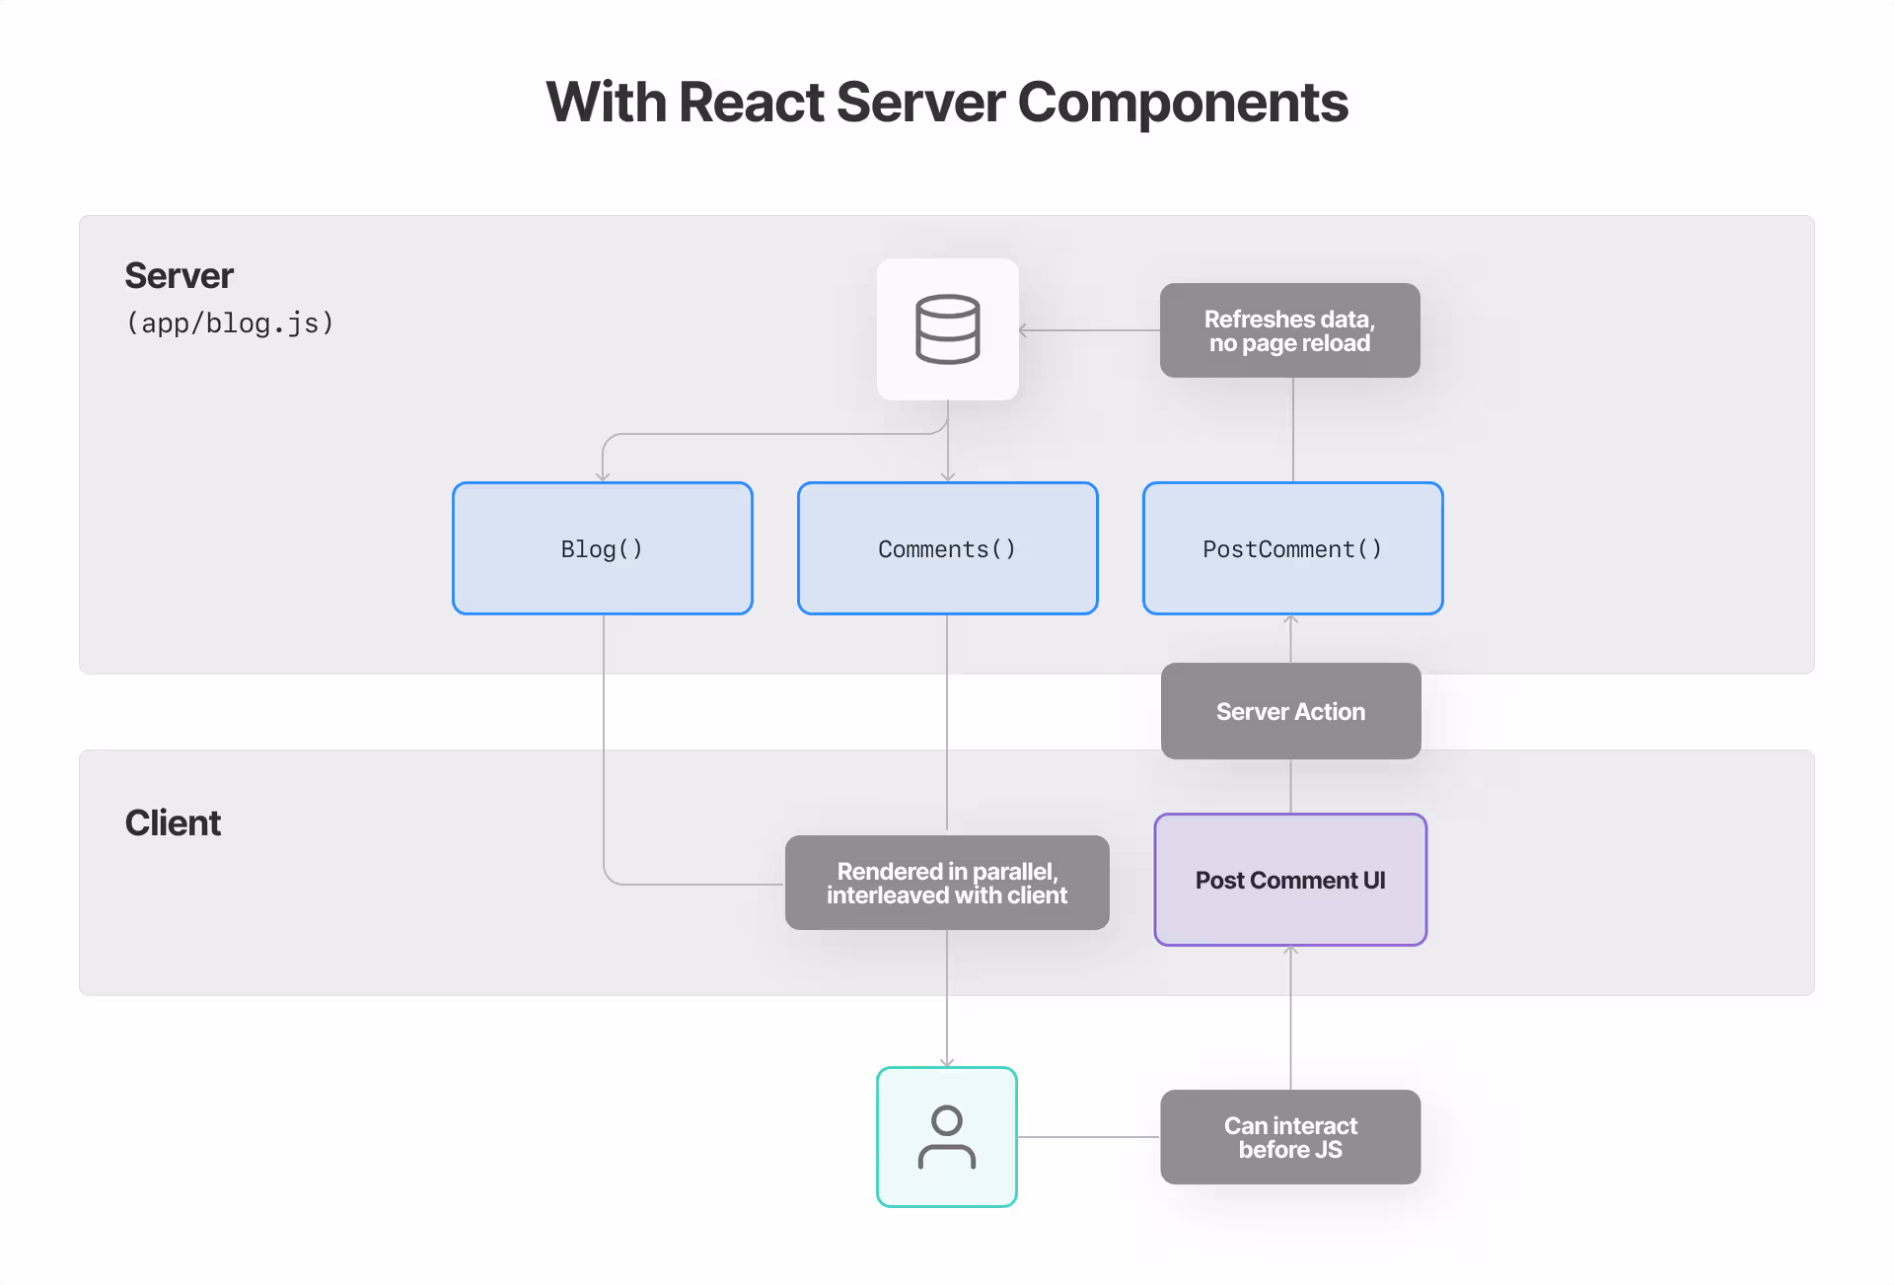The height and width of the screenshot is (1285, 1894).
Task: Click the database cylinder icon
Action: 947,329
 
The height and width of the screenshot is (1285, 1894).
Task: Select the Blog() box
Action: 602,548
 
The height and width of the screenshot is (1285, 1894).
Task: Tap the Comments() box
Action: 947,548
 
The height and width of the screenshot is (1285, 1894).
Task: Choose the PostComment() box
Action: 1292,548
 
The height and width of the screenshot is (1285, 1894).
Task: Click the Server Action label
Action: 1290,711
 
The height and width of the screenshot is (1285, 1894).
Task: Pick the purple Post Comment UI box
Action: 1290,880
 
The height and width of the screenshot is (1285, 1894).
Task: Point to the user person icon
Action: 947,1137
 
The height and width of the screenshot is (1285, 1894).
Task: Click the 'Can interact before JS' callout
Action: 1290,1137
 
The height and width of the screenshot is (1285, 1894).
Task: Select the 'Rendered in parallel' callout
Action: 947,883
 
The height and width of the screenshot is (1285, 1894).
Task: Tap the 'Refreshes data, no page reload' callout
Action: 1289,330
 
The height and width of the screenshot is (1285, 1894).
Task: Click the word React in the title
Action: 751,103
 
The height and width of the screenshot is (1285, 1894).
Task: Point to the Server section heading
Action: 179,276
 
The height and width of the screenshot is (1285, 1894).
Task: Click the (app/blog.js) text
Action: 230,323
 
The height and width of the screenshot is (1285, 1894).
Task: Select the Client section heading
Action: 173,823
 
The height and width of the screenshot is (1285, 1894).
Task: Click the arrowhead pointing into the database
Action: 1024,330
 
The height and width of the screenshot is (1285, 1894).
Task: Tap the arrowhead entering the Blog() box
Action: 603,477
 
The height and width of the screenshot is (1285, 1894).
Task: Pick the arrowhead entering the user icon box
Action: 947,1062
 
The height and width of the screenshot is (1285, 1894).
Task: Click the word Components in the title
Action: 1182,103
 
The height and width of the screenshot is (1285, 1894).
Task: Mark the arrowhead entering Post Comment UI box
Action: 1290,951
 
